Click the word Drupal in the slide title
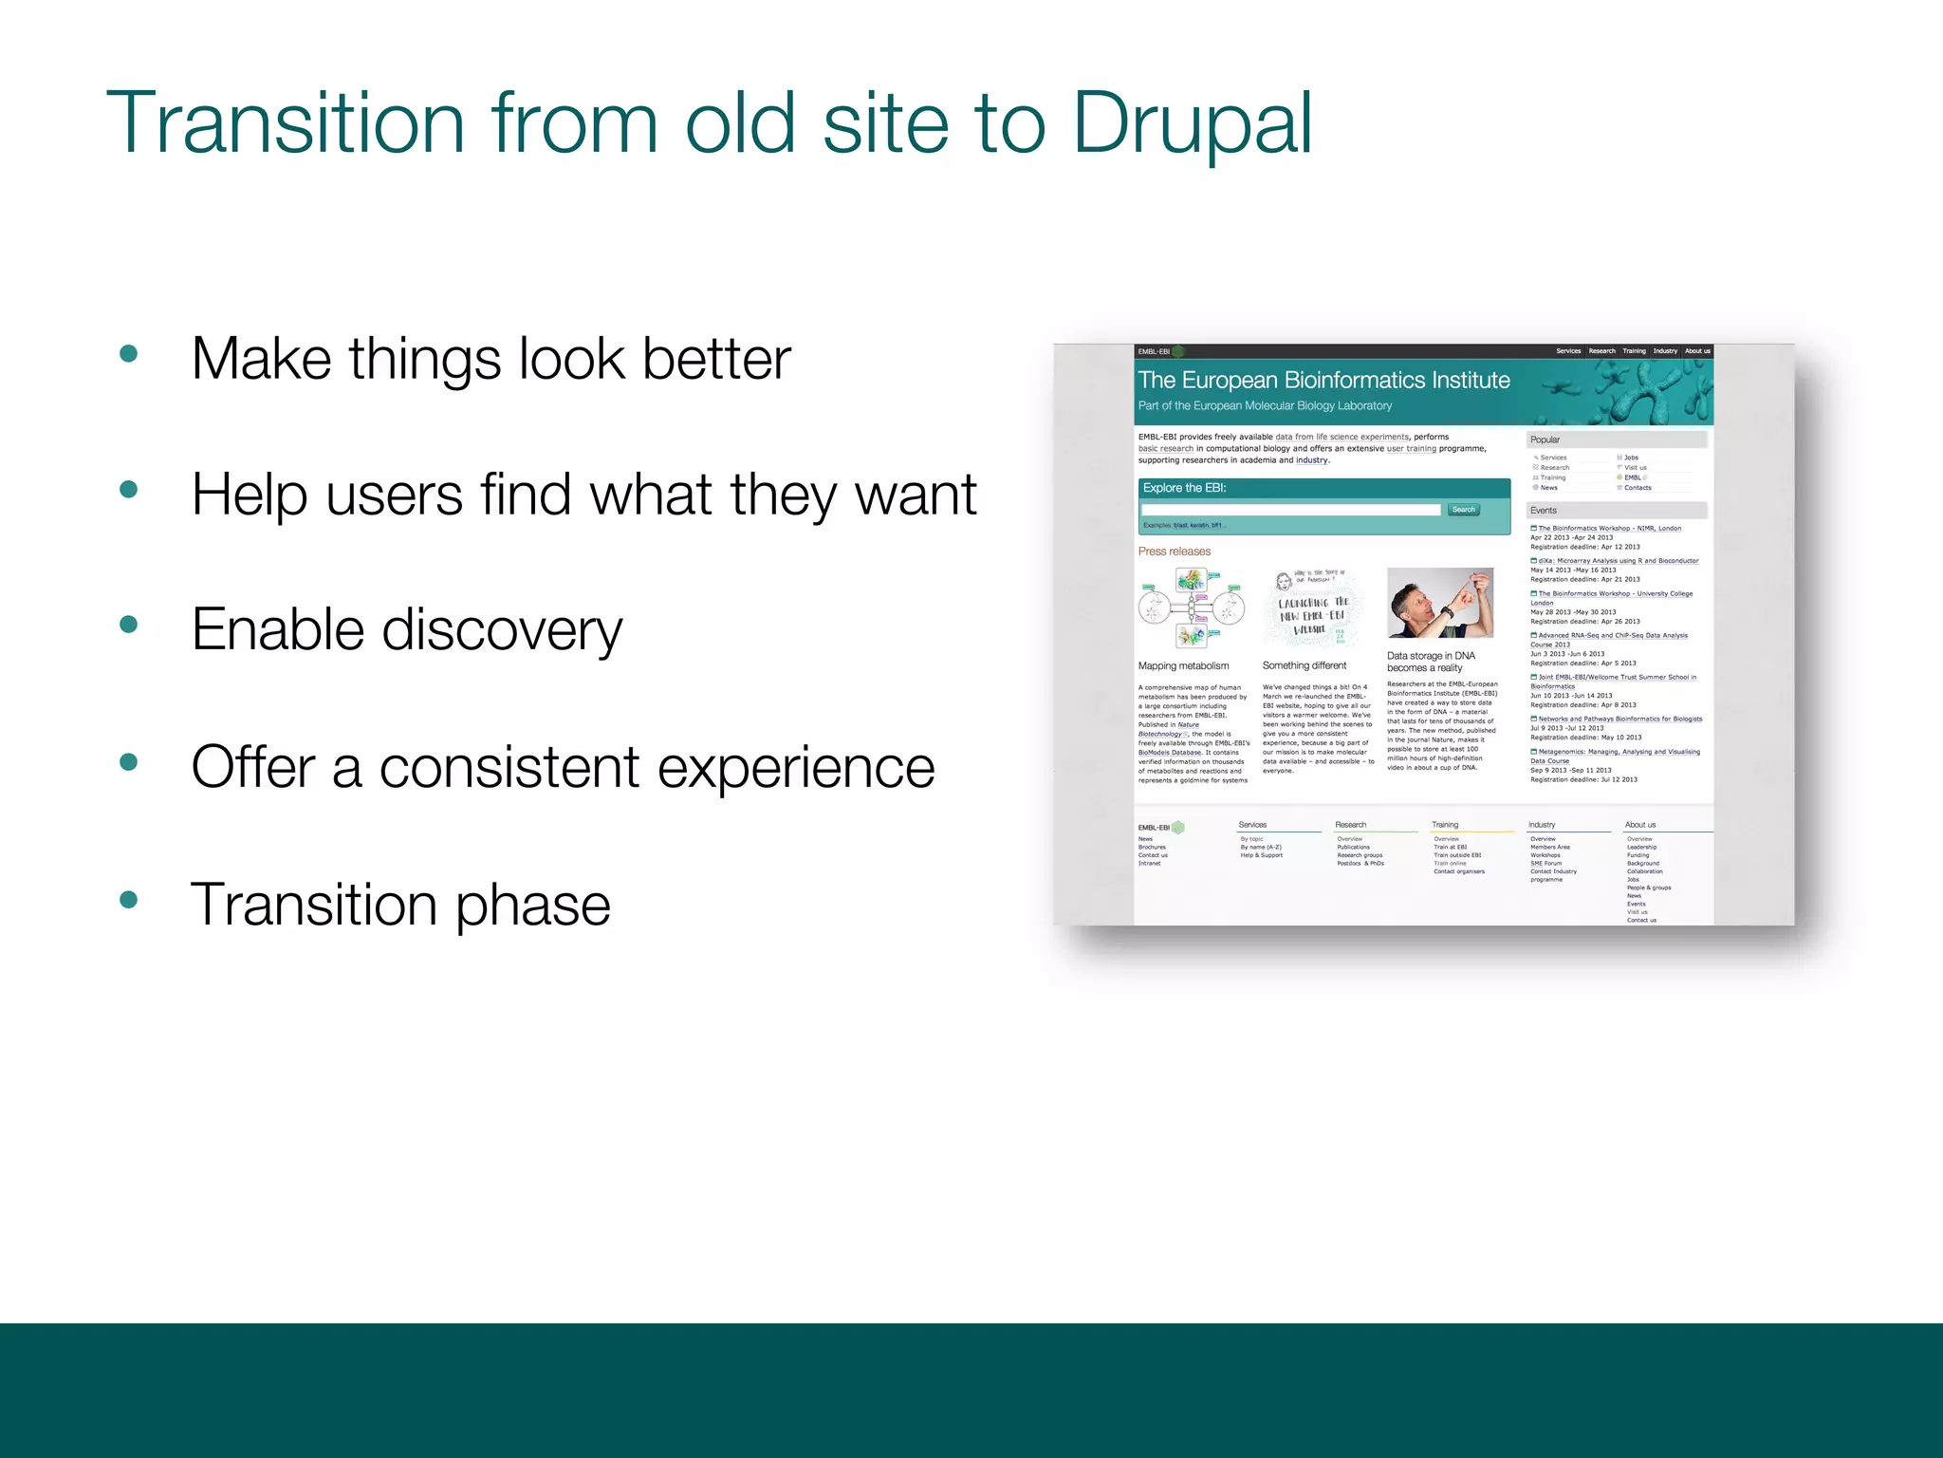click(x=1192, y=123)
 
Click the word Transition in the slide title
click(x=285, y=123)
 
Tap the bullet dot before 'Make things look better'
click(x=129, y=354)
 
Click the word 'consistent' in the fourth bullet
click(x=509, y=767)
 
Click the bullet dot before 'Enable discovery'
click(x=129, y=625)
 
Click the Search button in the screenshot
click(x=1463, y=510)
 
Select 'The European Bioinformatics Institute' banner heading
click(x=1323, y=381)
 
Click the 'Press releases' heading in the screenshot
click(x=1175, y=551)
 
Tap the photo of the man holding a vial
click(x=1439, y=603)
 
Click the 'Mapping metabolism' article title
click(x=1183, y=666)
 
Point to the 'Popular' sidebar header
click(x=1545, y=439)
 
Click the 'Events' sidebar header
click(x=1543, y=511)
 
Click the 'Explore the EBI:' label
click(x=1184, y=488)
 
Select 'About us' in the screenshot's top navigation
click(x=1697, y=351)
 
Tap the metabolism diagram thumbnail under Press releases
click(x=1191, y=608)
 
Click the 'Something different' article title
click(x=1304, y=666)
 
